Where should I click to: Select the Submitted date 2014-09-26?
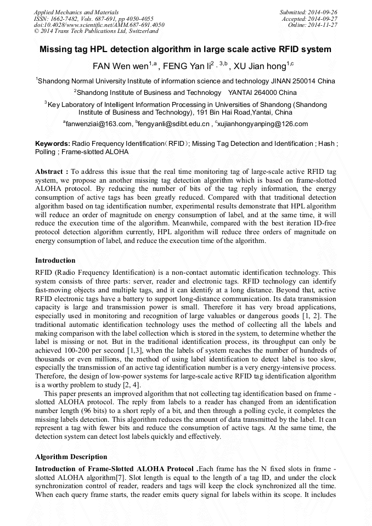pyautogui.click(x=309, y=12)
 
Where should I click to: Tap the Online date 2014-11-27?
pyautogui.click(x=313, y=25)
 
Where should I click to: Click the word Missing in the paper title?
pyautogui.click(x=57, y=49)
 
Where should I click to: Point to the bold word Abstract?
pyautogui.click(x=50, y=172)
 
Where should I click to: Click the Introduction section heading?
pyautogui.click(x=55, y=261)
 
